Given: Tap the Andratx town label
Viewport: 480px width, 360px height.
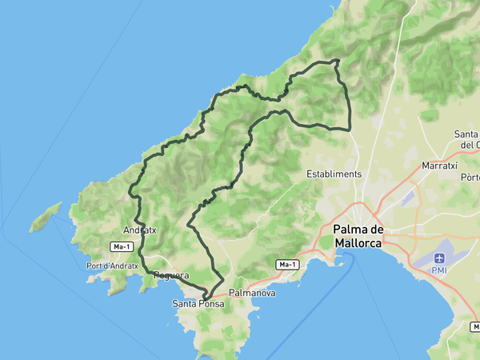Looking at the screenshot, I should [140, 230].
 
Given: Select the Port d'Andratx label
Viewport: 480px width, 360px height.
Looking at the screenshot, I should [113, 266].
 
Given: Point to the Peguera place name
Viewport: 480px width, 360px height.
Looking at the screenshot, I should [170, 275].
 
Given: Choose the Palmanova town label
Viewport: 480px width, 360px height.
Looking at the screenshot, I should [252, 294].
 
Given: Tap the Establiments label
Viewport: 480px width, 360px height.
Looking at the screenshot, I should [334, 174].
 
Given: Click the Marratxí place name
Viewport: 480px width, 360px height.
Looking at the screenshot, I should [438, 166].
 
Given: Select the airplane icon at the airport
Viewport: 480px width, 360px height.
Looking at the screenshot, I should [440, 258].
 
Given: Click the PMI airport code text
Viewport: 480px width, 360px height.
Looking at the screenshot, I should [440, 270].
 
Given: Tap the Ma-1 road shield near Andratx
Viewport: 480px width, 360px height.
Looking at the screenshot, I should [122, 247].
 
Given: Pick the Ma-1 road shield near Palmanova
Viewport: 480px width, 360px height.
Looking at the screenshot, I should [287, 264].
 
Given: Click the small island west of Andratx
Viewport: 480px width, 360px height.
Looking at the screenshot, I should [46, 217].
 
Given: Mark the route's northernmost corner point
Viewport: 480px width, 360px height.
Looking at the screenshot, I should [337, 61].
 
